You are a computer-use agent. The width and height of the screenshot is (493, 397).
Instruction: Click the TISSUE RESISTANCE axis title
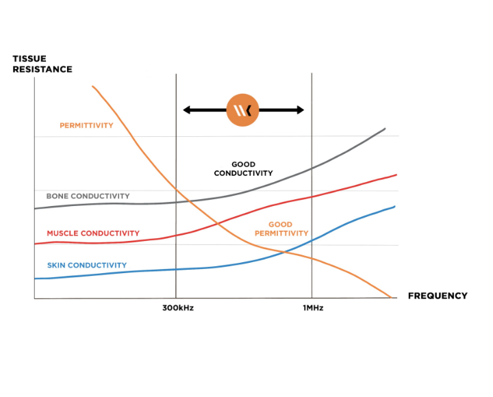42,64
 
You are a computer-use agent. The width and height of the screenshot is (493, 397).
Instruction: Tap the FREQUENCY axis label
437,296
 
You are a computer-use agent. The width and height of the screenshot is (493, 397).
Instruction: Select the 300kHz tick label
178,308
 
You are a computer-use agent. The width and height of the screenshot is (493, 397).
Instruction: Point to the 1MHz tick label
313,308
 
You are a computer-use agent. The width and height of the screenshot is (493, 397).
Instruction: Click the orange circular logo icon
243,110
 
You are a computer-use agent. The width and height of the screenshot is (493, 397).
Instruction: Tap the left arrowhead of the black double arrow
186,110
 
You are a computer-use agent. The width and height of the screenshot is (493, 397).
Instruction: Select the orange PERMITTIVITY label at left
86,125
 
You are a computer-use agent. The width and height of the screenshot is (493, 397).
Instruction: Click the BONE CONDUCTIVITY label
88,196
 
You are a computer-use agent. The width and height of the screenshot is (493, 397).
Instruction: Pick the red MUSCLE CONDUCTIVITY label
92,233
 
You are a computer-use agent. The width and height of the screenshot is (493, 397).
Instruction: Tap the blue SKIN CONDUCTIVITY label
86,265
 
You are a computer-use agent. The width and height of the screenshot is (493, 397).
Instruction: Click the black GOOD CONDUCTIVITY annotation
243,169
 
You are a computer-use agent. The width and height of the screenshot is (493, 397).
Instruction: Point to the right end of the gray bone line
385,129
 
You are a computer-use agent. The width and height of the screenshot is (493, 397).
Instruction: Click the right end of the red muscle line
396,175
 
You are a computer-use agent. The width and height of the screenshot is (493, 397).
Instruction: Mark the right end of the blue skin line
395,207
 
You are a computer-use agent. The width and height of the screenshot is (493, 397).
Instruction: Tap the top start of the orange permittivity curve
92,86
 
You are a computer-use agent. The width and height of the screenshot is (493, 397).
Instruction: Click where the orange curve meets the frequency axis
391,298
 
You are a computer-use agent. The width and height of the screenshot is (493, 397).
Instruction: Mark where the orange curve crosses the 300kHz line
176,188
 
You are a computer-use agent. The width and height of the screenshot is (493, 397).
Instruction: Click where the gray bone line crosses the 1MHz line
312,168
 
